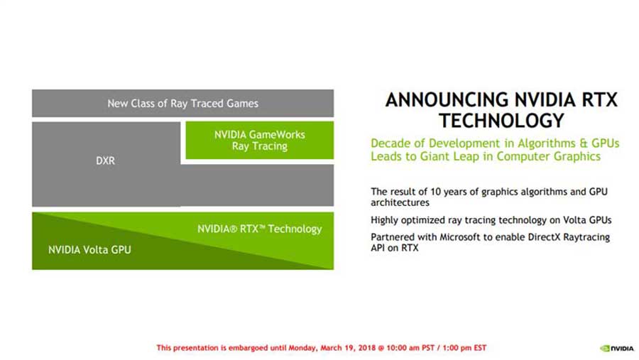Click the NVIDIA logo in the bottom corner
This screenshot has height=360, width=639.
[x=616, y=348]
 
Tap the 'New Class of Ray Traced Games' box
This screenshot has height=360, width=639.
[x=182, y=103]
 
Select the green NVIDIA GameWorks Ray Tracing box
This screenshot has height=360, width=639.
[x=260, y=140]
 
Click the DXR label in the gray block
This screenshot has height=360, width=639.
[x=106, y=160]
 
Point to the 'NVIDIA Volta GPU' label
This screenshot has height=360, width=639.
[x=89, y=249]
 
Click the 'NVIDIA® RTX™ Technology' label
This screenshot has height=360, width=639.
[x=260, y=229]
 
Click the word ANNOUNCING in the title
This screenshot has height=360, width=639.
[x=447, y=100]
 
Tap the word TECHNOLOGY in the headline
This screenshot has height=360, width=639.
[x=501, y=121]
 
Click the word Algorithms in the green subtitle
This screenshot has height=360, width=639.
[x=546, y=143]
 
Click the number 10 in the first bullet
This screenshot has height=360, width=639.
[x=435, y=192]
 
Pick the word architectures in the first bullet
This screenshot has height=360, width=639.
[x=400, y=202]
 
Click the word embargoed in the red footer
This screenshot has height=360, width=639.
[x=249, y=348]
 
